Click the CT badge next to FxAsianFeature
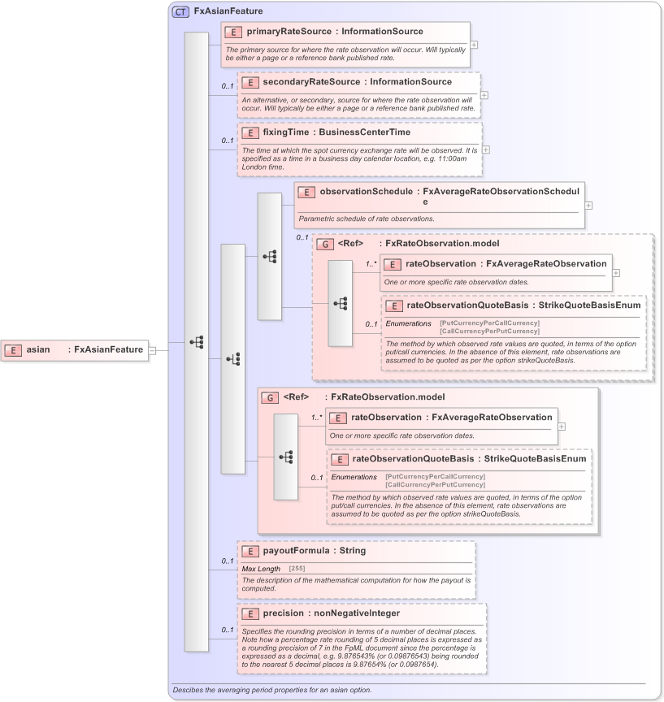(180, 12)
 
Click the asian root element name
(38, 349)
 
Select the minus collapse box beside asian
(152, 350)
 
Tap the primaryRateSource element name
(289, 32)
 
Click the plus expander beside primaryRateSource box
(474, 45)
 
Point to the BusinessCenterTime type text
(364, 132)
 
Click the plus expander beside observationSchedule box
(588, 205)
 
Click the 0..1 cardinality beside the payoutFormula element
(228, 561)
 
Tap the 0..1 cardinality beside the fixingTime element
(228, 141)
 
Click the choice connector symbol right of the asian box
(197, 343)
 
